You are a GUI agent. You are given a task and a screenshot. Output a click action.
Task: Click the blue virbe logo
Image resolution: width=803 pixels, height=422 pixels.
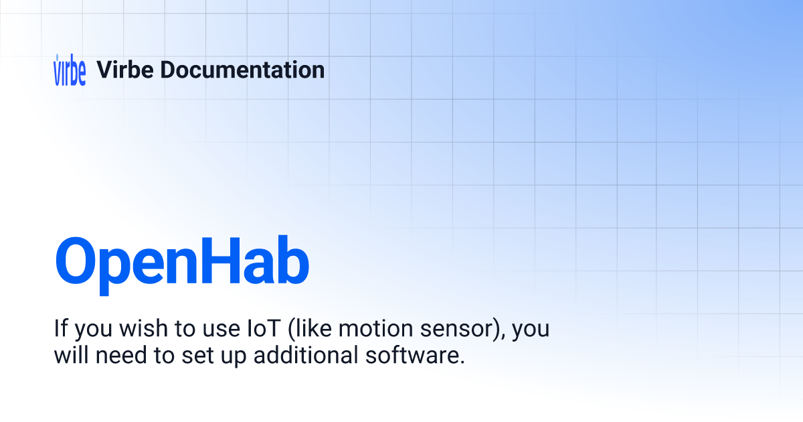[x=70, y=70]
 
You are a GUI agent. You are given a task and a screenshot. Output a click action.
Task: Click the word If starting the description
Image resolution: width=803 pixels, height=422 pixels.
[x=61, y=330]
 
